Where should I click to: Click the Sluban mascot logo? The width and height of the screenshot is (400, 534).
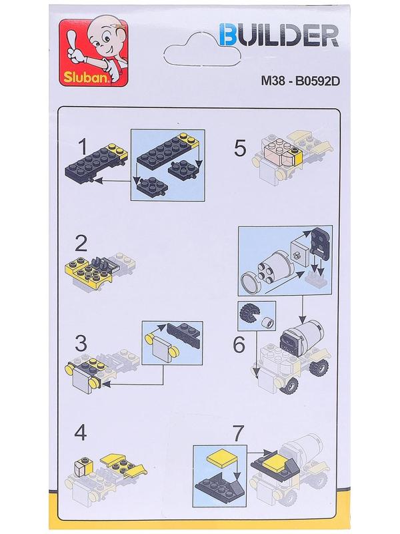point(94,53)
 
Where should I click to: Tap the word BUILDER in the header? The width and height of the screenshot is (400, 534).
point(279,35)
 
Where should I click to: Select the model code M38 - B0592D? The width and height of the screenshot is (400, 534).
point(301,81)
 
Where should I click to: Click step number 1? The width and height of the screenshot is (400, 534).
point(83,148)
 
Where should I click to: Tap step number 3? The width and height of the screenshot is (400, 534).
point(81,343)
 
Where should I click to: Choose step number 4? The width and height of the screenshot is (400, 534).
point(81,433)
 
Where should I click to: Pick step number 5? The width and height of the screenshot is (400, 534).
point(240,148)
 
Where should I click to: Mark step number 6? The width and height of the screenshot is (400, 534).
point(239,344)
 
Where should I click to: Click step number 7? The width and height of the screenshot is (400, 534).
point(238,433)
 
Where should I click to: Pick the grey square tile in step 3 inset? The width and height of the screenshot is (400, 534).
point(162,350)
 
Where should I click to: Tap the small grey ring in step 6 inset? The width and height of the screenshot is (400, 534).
point(268,322)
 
